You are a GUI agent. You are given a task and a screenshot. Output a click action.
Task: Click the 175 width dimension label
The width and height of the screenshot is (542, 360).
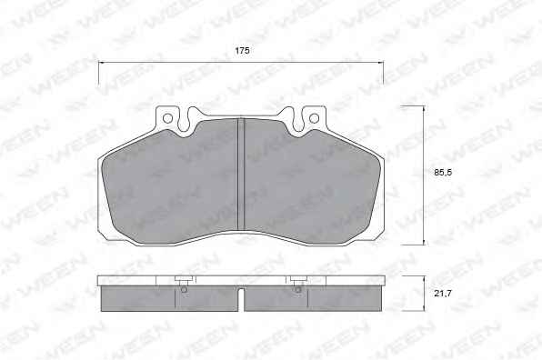pos(242,50)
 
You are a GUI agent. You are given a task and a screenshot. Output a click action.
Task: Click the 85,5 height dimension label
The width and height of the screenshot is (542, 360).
pos(443,172)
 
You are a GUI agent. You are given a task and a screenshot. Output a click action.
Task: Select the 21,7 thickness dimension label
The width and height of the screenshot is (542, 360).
pos(443,294)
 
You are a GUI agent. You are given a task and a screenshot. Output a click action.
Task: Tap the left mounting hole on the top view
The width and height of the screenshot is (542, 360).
pos(167,118)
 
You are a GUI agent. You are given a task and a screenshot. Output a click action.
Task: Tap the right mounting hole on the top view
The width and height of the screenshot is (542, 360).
pos(314,118)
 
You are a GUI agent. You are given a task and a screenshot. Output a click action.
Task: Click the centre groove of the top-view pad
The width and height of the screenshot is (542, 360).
pos(241,175)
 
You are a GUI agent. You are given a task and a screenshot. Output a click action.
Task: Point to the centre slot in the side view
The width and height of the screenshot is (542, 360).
pos(241,299)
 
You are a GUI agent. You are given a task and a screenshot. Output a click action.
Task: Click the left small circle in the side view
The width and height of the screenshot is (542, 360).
pos(185,290)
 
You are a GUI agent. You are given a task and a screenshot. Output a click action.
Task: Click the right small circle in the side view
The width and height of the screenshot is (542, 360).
pos(298,290)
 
